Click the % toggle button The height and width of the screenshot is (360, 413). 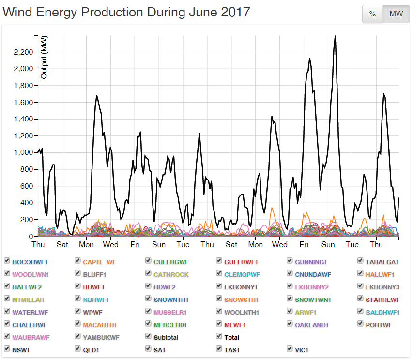[x=372, y=14]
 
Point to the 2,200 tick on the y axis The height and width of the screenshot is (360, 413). [x=23, y=52]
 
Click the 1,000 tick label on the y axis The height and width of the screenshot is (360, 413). [x=23, y=152]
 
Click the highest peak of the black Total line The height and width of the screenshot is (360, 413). [x=335, y=36]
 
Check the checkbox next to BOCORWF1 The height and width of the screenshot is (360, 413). [x=7, y=261]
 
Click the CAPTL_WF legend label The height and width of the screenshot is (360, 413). [x=99, y=262]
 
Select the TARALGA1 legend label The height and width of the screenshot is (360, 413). [x=382, y=262]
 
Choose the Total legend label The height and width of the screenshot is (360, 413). [x=231, y=338]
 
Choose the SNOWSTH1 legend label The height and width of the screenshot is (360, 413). [x=241, y=300]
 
